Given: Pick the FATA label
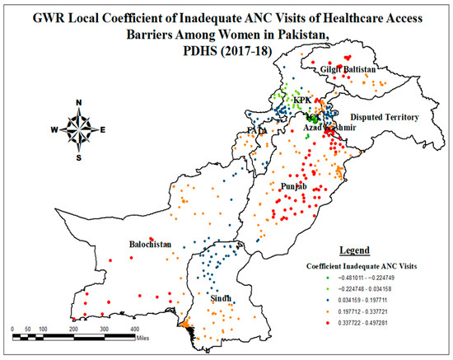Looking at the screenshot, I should (256, 131).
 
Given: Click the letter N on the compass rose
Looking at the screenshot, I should (78, 103).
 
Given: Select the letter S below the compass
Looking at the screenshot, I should (78, 157).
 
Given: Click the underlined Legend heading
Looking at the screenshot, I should (357, 249).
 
